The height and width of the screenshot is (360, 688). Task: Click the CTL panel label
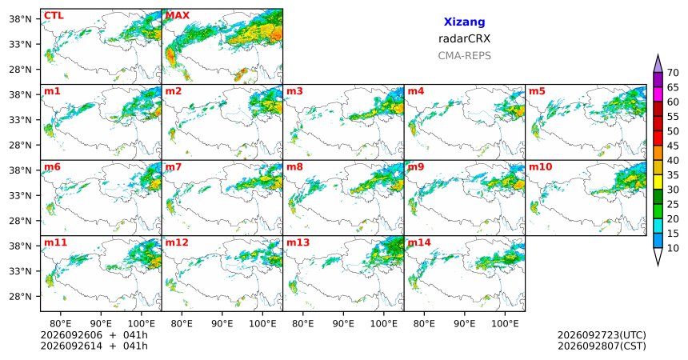54,16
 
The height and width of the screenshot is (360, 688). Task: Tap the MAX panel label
178,16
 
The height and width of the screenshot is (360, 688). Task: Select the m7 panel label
174,167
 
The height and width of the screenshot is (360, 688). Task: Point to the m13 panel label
298,242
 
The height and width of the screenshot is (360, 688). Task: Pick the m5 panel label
537,91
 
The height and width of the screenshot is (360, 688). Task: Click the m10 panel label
540,167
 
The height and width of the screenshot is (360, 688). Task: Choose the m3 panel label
294,91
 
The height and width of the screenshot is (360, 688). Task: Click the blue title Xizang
464,22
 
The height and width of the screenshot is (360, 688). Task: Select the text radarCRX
464,38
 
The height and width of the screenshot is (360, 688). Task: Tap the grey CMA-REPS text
464,56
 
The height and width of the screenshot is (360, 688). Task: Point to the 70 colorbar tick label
673,73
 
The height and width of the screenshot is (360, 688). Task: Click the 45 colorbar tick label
673,146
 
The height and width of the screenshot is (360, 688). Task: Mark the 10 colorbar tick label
673,248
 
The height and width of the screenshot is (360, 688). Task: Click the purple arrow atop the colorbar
658,64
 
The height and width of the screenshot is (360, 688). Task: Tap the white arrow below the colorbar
658,255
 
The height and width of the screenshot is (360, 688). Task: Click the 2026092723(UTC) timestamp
602,335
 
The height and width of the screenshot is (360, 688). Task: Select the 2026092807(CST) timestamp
602,346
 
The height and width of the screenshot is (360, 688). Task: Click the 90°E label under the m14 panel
464,324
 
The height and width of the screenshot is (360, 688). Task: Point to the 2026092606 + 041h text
94,335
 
